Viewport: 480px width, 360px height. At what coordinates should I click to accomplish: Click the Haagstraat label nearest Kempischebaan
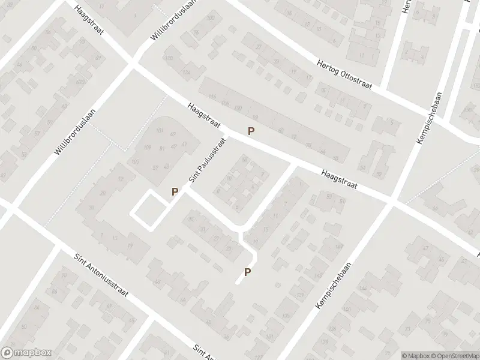[x=339, y=178]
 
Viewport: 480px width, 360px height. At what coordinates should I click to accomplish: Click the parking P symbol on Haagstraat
[x=251, y=131]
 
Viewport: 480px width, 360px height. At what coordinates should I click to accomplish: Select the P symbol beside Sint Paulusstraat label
[x=175, y=192]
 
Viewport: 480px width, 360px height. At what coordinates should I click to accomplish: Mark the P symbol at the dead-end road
[x=247, y=272]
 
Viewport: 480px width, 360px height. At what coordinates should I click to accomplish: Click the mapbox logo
[x=25, y=353]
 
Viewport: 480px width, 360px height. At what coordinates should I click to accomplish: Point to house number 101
[x=160, y=130]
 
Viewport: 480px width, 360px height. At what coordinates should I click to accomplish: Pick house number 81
[x=162, y=148]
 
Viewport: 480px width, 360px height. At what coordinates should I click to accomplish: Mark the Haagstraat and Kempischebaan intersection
[x=393, y=200]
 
